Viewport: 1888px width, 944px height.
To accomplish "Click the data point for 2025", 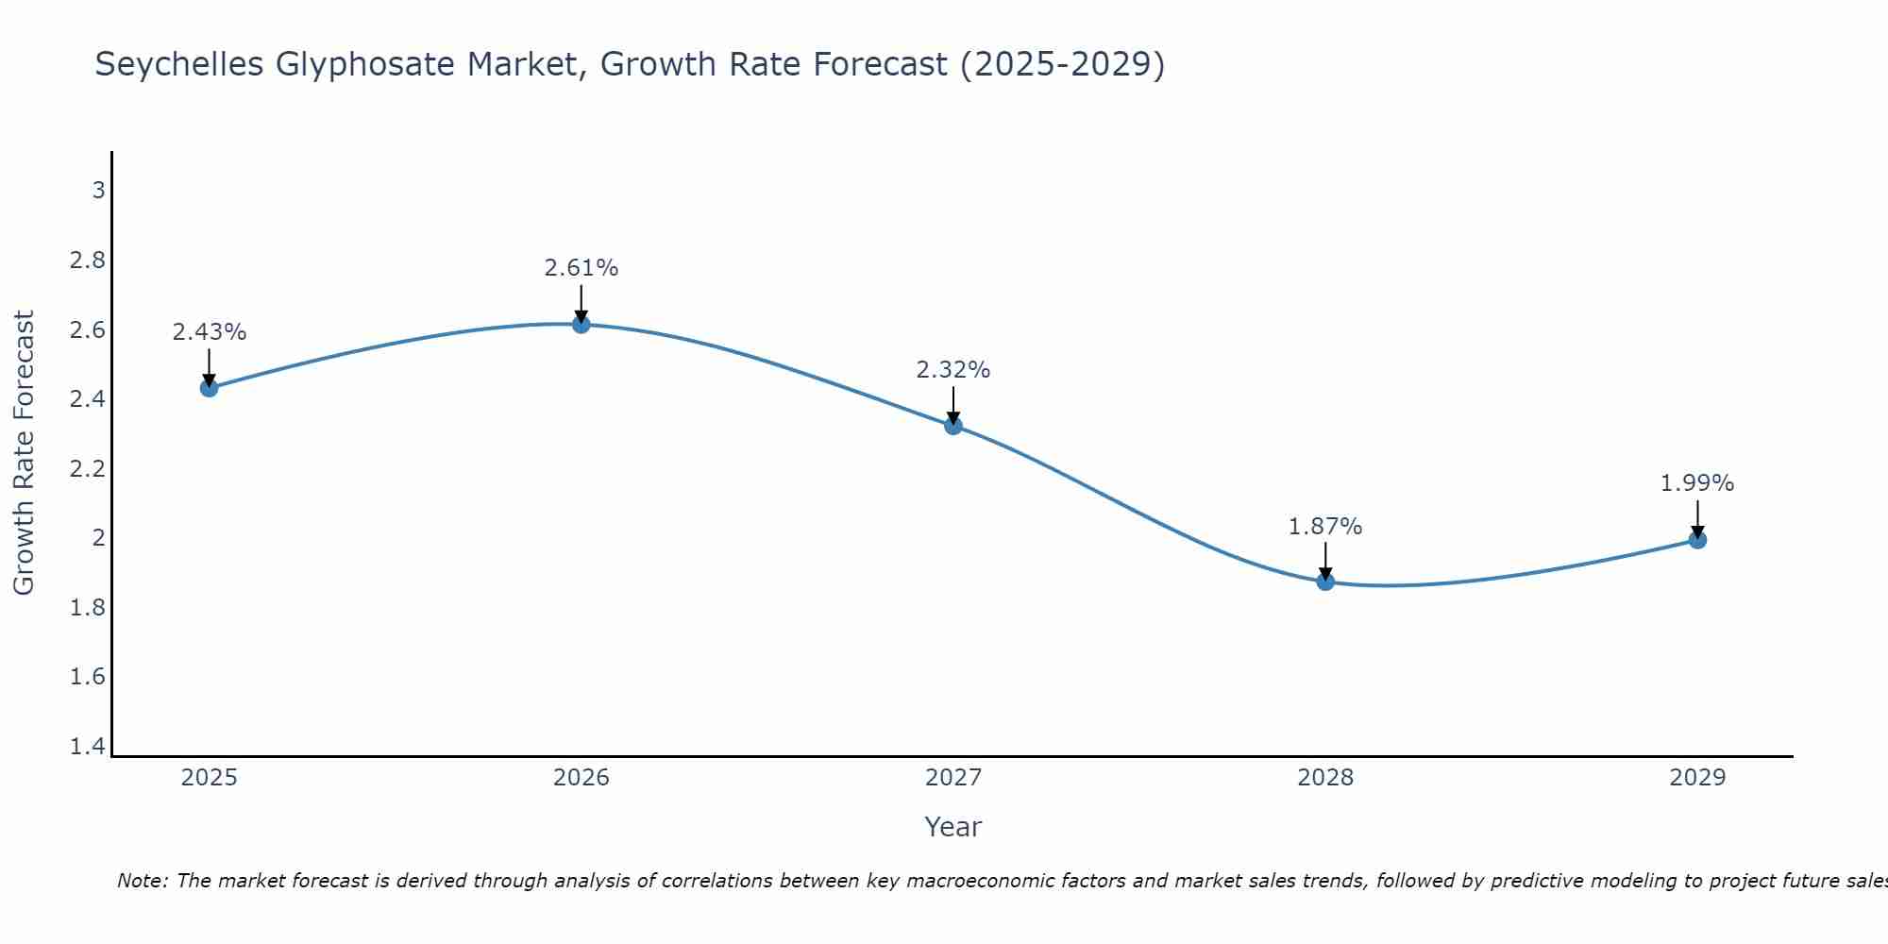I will pos(210,388).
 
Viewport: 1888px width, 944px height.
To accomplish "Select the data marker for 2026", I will pos(582,325).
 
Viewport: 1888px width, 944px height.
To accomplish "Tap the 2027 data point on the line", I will pos(953,426).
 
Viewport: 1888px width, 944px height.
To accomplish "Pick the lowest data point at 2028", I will pos(1325,582).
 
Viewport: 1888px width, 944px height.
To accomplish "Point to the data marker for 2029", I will pos(1697,540).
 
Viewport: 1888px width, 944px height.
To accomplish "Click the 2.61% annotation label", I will pos(582,268).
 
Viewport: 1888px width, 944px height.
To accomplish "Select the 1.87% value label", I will pos(1325,527).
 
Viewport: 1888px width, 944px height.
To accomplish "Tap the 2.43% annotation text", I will pos(210,332).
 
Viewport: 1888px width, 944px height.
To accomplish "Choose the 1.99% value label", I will pos(1697,483).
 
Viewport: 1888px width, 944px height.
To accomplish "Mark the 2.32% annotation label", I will pos(953,370).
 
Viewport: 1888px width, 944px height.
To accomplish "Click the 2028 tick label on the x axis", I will pos(1325,778).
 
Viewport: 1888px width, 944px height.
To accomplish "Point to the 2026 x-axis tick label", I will pos(582,778).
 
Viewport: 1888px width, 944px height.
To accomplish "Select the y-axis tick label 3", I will pos(98,191).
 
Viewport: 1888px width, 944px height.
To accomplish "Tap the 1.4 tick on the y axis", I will pos(88,747).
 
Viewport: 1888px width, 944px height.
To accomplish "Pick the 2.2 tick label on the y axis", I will pos(88,469).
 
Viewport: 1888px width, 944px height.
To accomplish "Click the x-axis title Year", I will pos(953,827).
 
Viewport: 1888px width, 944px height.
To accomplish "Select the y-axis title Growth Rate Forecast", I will pos(25,453).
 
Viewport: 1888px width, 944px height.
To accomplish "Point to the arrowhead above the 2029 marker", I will pos(1697,531).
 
